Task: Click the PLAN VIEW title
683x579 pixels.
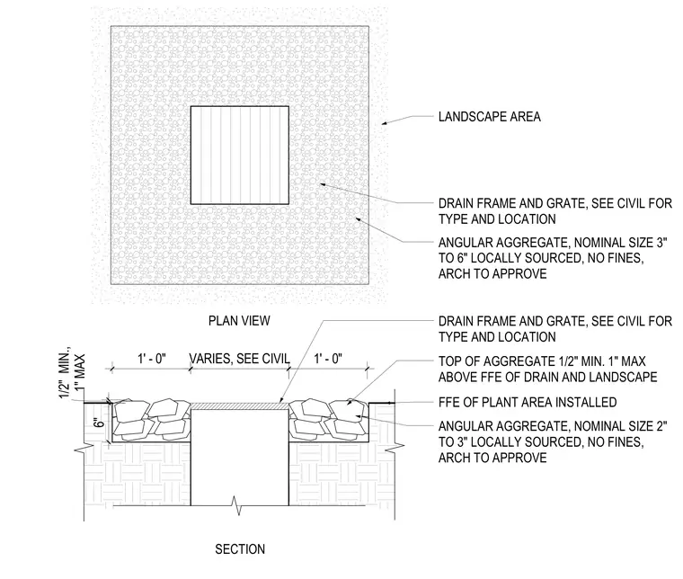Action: coord(239,321)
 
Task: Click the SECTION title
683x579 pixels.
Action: coord(240,549)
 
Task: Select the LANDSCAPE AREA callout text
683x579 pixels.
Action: coord(490,117)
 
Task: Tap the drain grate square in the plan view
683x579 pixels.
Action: coord(240,156)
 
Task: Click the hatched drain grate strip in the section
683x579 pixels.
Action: coord(240,406)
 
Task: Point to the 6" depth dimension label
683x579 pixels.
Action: coord(100,423)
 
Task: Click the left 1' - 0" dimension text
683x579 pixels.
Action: coord(152,359)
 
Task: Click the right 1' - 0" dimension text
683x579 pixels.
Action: coord(328,359)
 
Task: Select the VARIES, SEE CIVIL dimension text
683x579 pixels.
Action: coord(240,359)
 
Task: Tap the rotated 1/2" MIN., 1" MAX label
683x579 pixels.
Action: coord(72,374)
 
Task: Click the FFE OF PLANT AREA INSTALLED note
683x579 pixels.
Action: coord(528,402)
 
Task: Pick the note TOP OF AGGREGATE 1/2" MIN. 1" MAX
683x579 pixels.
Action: coord(548,369)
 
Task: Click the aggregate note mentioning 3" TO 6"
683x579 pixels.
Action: coord(553,258)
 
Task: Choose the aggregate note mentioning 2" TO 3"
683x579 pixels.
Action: coord(553,441)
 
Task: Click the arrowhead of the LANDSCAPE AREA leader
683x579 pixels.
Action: coord(383,124)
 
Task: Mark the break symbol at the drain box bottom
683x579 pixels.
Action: coord(238,505)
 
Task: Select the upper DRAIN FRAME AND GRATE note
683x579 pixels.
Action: coord(555,211)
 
